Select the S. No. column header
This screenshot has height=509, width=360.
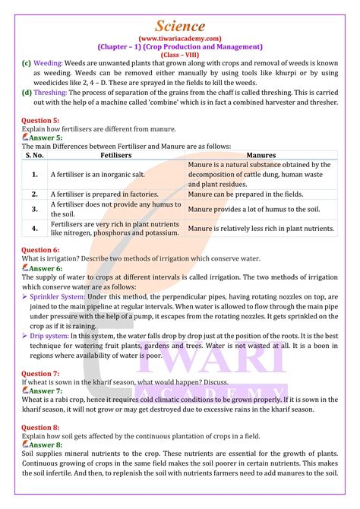click(x=35, y=155)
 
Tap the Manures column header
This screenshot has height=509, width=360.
click(x=261, y=155)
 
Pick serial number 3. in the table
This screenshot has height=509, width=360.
click(x=35, y=209)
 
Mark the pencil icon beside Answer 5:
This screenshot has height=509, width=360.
click(x=25, y=138)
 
